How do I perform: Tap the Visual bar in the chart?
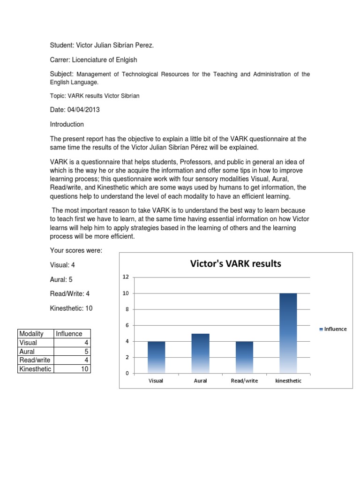click(156, 357)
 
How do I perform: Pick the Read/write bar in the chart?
click(244, 357)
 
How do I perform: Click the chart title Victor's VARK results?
click(235, 263)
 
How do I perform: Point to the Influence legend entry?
click(333, 329)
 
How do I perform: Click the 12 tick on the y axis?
click(125, 277)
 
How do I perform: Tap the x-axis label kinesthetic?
click(288, 381)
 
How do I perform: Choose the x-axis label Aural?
click(200, 381)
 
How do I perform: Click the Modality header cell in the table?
click(31, 334)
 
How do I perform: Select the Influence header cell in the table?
click(69, 334)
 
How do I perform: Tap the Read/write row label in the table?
click(34, 360)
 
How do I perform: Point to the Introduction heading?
click(67, 124)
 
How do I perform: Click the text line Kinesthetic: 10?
click(75, 308)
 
